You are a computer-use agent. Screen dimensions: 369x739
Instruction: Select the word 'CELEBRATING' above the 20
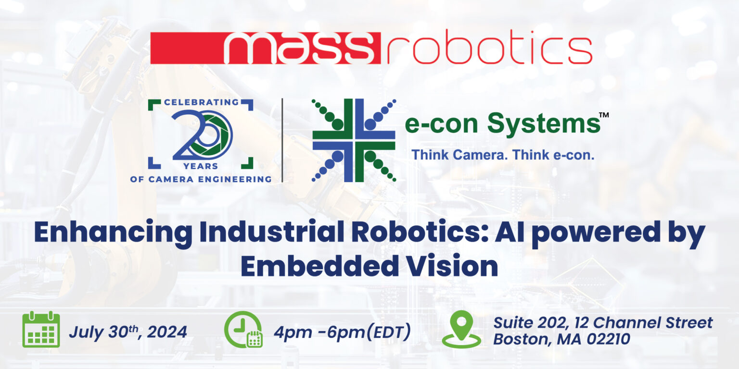[201, 102]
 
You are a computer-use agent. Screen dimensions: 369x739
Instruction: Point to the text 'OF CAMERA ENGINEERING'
[201, 179]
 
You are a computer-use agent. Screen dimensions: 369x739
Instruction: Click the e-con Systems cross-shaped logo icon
[354, 140]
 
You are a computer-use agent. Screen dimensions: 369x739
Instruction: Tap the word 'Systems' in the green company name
[544, 124]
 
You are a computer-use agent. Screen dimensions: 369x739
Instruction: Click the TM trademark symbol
[604, 115]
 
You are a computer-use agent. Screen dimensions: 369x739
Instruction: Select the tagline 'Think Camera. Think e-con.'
[502, 155]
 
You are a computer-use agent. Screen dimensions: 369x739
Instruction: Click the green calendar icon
[41, 330]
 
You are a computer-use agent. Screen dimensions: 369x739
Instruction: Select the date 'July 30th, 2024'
[127, 332]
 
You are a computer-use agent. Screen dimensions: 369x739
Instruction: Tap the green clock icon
[243, 330]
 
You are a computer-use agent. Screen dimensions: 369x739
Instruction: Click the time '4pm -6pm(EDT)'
[342, 332]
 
